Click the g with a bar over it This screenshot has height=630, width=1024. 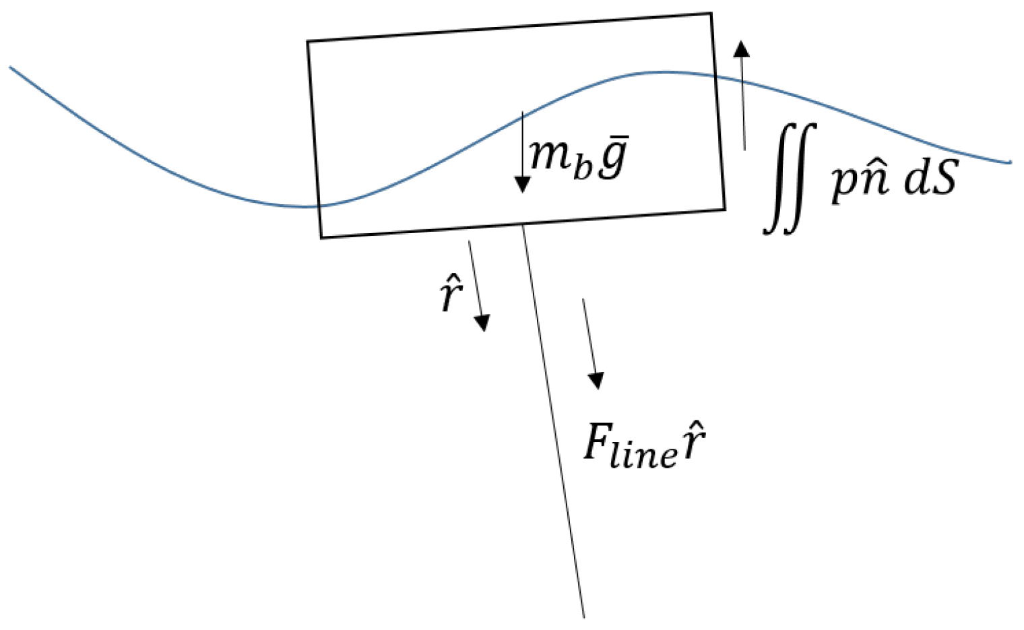613,159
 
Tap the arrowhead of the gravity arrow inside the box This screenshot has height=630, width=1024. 522,185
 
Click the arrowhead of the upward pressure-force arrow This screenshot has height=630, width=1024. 741,49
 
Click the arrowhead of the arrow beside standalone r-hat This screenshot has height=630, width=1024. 482,324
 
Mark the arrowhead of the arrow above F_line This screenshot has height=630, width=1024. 596,381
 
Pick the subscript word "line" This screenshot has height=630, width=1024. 648,455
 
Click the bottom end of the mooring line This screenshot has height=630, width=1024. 583,616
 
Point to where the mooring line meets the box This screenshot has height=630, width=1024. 523,225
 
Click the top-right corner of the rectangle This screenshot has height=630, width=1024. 711,13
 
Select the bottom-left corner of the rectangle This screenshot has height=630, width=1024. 321,237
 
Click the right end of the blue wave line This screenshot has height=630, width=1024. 1010,162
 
